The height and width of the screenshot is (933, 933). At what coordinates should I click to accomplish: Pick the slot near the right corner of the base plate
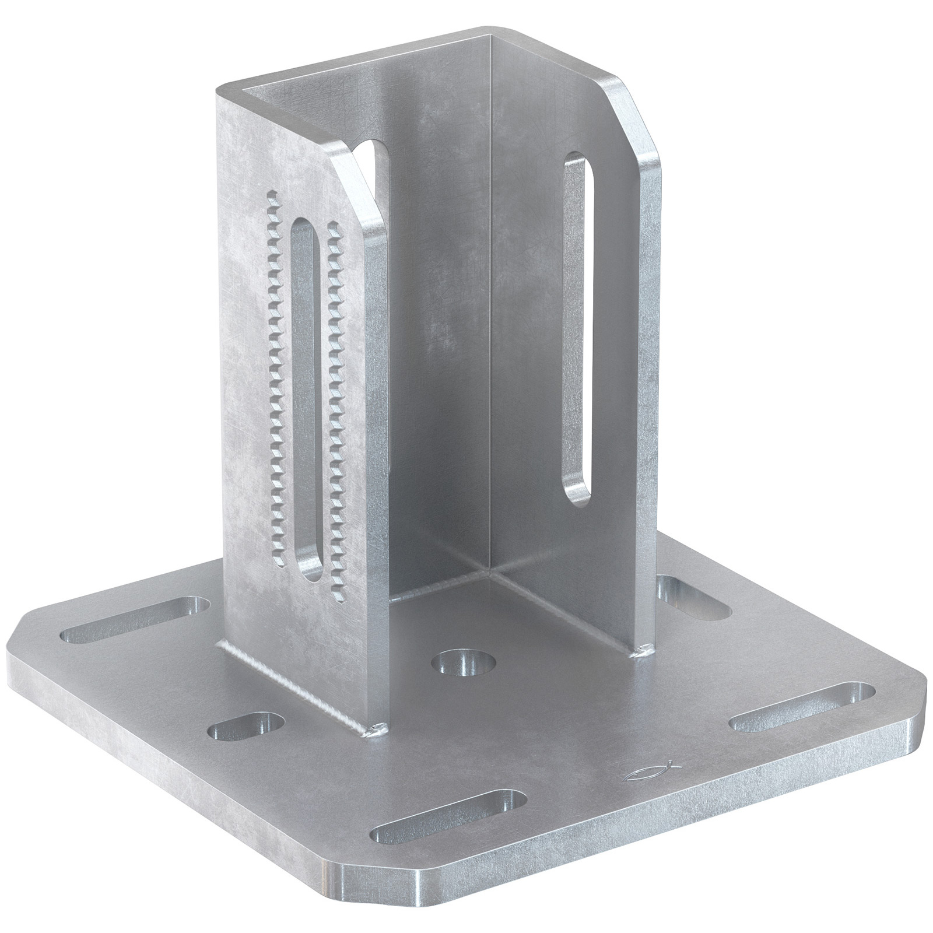click(x=803, y=708)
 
